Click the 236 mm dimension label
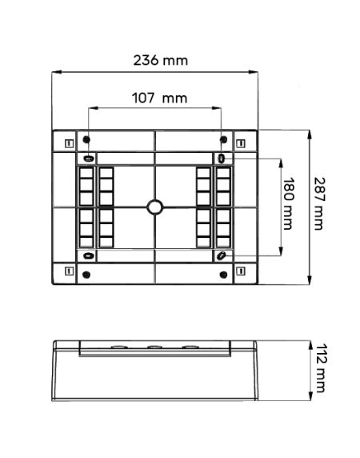(x=161, y=61)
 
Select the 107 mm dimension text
(x=159, y=98)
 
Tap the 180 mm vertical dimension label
(x=288, y=203)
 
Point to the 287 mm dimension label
(x=319, y=203)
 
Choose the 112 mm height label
(x=320, y=368)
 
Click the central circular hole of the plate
(x=155, y=207)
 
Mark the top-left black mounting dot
(x=86, y=139)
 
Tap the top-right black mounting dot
(x=223, y=139)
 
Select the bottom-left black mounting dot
(x=86, y=275)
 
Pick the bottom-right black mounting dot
(x=223, y=275)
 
